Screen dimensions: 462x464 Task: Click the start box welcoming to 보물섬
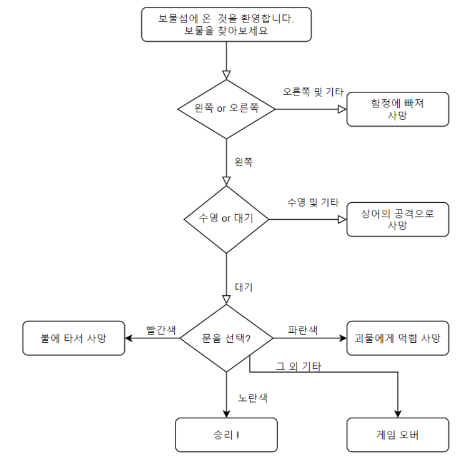(x=226, y=24)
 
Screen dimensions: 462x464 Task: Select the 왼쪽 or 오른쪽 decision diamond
(x=226, y=109)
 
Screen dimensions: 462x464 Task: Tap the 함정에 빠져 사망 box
(x=397, y=109)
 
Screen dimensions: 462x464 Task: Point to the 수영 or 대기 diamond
(x=226, y=219)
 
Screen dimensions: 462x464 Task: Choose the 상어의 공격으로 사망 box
(x=397, y=219)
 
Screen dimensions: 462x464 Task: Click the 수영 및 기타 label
(x=313, y=202)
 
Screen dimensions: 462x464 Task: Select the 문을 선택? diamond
(x=226, y=338)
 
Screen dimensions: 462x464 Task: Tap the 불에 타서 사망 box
(x=74, y=338)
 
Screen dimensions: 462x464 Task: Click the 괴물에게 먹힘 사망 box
(x=397, y=338)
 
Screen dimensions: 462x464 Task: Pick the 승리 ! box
(x=226, y=435)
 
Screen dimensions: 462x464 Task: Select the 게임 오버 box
(x=397, y=435)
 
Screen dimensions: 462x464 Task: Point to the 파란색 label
(x=303, y=330)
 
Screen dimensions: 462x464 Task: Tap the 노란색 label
(x=253, y=397)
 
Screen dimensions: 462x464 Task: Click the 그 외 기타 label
(x=299, y=366)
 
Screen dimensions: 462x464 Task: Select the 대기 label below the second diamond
(x=244, y=287)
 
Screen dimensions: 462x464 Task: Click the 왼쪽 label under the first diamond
(x=244, y=161)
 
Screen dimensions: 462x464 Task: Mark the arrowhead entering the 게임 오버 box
(x=397, y=413)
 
